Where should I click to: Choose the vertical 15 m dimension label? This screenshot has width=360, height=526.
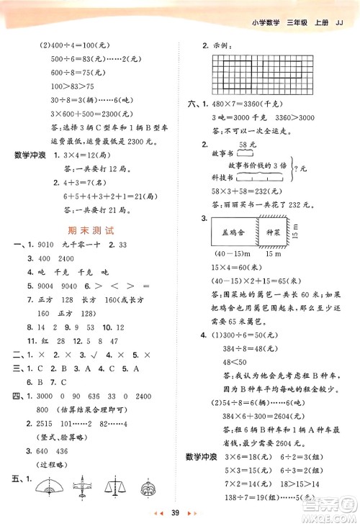(x=307, y=232)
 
